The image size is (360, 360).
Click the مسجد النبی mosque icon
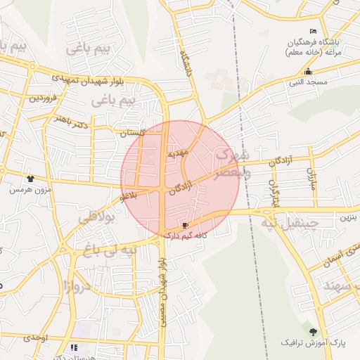pyautogui.click(x=308, y=71)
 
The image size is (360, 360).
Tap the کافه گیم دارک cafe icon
pyautogui.click(x=185, y=226)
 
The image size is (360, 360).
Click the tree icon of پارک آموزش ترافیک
pyautogui.click(x=313, y=331)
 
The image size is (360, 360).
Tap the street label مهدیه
pyautogui.click(x=175, y=153)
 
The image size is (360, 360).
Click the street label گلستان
pyautogui.click(x=131, y=133)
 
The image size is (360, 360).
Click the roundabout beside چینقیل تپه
pyautogui.click(x=268, y=210)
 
